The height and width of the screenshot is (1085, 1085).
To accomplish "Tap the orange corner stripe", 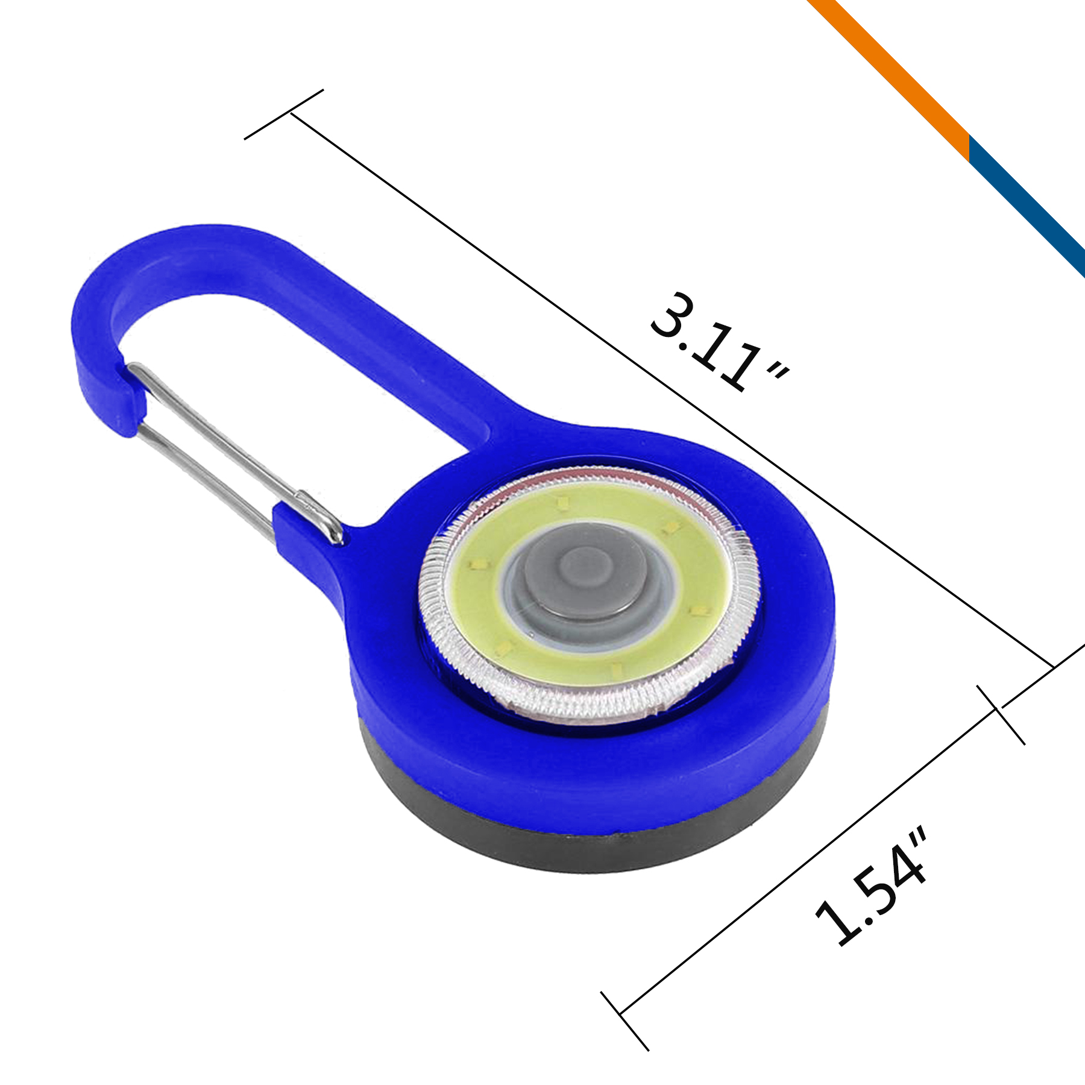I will pos(892,66).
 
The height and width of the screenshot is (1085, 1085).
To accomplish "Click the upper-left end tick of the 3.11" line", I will pos(283,115).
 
